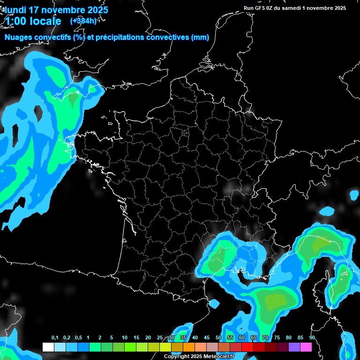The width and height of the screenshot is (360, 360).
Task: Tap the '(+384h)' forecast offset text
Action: pyautogui.click(x=83, y=21)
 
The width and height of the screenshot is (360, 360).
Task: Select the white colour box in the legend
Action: pyautogui.click(x=48, y=347)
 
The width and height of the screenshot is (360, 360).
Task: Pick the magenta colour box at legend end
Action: pyautogui.click(x=306, y=347)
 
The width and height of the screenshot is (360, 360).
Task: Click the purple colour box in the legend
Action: pyautogui.click(x=294, y=347)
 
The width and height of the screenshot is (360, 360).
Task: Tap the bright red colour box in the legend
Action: pyautogui.click(x=247, y=347)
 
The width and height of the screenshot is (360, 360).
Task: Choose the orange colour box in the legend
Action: pyautogui.click(x=189, y=347)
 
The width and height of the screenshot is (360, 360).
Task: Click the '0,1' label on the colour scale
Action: pyautogui.click(x=55, y=338)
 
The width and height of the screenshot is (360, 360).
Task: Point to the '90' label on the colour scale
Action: pyautogui.click(x=312, y=338)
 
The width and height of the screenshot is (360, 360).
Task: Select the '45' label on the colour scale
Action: pyautogui.click(x=207, y=338)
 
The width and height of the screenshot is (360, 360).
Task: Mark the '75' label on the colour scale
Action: pyautogui.click(x=277, y=338)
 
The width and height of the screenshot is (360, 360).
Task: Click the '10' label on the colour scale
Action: pyautogui.click(x=125, y=338)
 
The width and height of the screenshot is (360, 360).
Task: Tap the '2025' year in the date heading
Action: pyautogui.click(x=98, y=10)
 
